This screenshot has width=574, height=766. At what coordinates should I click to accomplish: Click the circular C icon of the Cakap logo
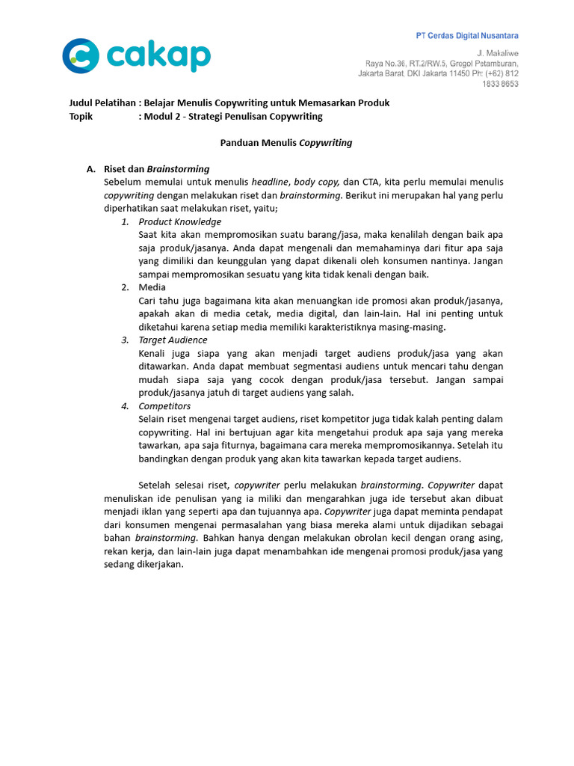tap(80, 56)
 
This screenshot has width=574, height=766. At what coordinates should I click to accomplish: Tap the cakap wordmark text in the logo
tap(158, 56)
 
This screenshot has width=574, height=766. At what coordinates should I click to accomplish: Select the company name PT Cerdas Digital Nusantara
tap(466, 36)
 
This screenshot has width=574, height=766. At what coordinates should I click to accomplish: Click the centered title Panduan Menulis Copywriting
tap(286, 142)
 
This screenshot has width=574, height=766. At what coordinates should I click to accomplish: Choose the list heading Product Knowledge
tap(179, 221)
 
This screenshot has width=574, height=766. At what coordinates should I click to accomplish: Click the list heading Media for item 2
tap(152, 287)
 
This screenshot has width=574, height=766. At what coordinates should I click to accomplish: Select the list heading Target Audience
tap(173, 340)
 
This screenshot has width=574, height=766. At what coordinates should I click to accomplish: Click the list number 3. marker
tap(125, 340)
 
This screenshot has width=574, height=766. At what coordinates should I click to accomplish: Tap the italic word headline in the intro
tap(270, 182)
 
